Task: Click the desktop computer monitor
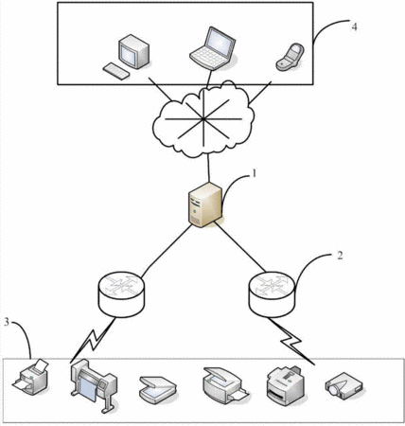133,53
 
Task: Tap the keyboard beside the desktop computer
115,71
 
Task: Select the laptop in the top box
213,48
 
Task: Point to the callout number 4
355,27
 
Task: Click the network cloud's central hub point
203,119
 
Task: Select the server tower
205,204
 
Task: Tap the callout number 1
254,174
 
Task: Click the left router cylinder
122,294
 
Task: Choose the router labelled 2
273,294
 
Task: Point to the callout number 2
340,256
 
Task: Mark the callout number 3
7,322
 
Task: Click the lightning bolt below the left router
93,340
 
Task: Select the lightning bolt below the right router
291,341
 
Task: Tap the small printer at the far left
31,377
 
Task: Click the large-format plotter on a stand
94,386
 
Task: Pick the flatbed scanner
157,389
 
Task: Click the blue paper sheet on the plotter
88,390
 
